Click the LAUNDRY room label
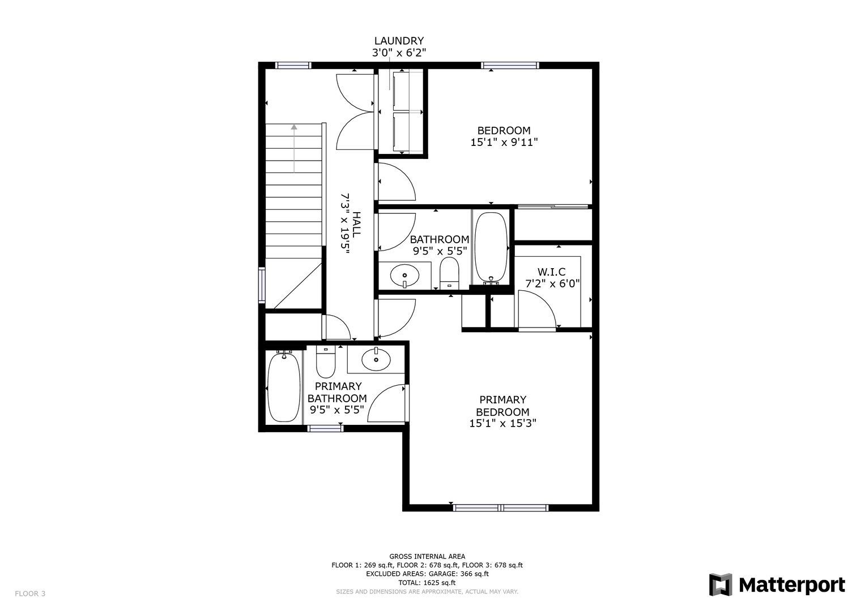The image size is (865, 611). point(399,41)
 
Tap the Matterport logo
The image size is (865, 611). point(777,585)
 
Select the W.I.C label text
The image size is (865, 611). point(551,272)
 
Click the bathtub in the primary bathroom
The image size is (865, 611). point(284,386)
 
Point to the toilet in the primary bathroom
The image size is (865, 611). point(326,362)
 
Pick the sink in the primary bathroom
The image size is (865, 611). point(376,360)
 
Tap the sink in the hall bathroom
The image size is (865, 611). point(404,276)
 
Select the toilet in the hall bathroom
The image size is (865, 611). point(449,273)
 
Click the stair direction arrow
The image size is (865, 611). point(294,148)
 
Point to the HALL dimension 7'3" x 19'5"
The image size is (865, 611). point(345,223)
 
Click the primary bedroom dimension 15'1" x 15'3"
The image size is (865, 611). point(503,424)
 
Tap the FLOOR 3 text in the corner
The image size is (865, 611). point(30,593)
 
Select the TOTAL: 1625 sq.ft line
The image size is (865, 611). point(427,583)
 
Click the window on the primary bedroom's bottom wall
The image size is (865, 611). point(501,507)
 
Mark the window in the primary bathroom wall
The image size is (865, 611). point(325,428)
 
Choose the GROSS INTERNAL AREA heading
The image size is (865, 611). point(427,556)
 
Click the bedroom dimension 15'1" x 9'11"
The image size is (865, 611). point(504,143)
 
